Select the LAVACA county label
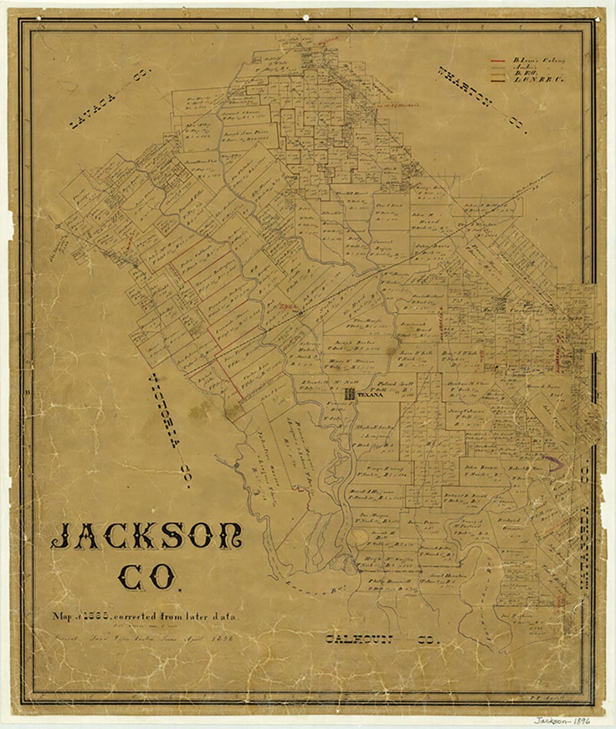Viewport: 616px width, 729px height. (107, 98)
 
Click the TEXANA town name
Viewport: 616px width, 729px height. (369, 396)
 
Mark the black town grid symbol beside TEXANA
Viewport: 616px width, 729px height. (350, 395)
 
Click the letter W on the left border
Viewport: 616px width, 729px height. (28, 392)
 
